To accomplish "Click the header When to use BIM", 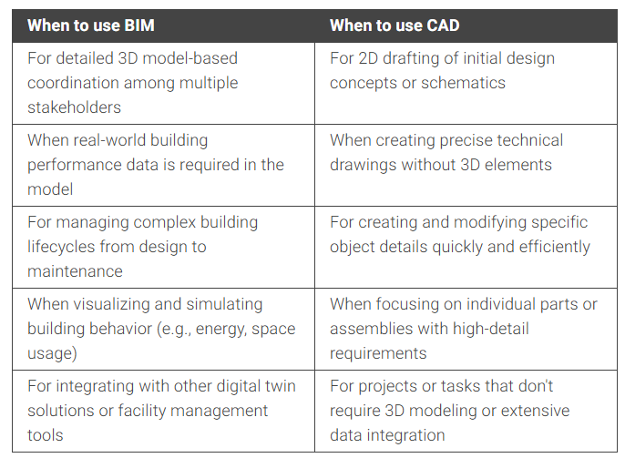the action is coord(91,25).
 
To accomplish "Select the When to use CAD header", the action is coord(394,25).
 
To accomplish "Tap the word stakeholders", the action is coord(74,107).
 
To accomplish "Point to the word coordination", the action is coord(73,83).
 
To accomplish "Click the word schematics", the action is coord(463,83).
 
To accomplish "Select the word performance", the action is coord(74,166).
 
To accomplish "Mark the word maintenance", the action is coord(75,271).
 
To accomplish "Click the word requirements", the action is coord(378,354).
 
